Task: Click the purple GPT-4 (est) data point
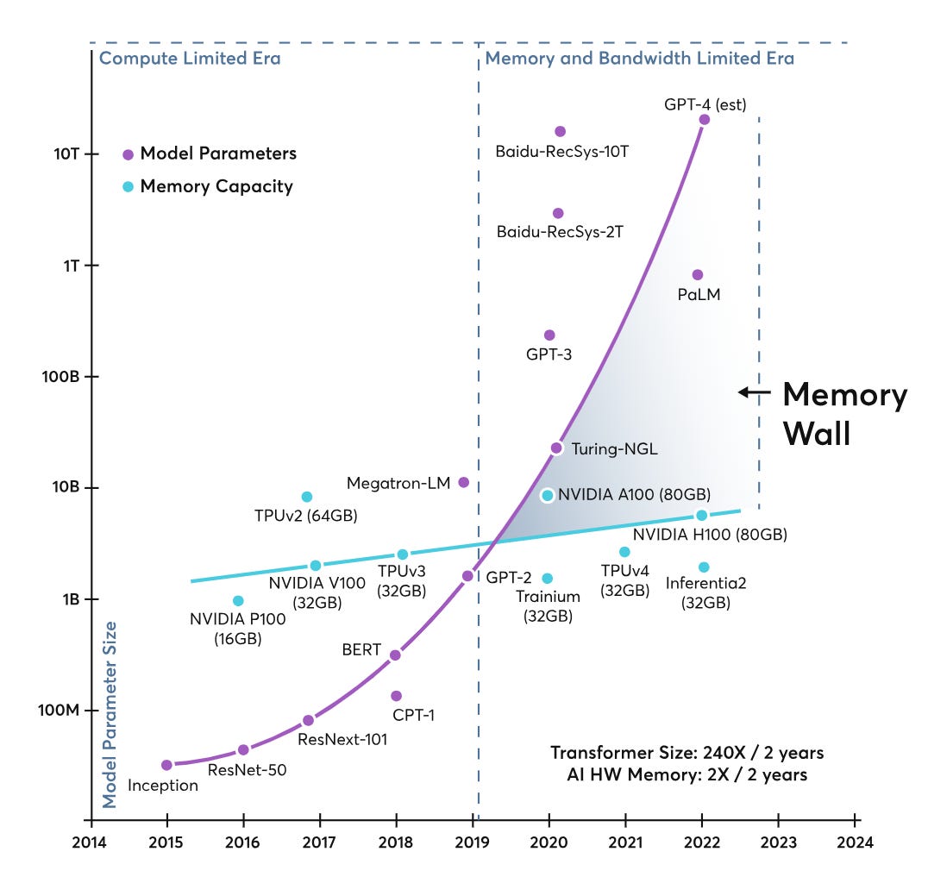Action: (x=705, y=120)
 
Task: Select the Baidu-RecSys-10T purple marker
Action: (x=560, y=131)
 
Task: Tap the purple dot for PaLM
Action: (x=698, y=274)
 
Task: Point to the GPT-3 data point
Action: (x=549, y=335)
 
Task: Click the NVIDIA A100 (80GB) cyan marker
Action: (x=548, y=495)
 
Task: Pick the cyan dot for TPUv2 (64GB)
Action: (x=306, y=497)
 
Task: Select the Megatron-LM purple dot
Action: (x=464, y=482)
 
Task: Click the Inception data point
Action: (x=167, y=765)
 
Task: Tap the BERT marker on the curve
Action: (x=395, y=655)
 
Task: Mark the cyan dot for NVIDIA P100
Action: (x=238, y=601)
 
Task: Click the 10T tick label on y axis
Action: (x=66, y=153)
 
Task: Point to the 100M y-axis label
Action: (x=59, y=710)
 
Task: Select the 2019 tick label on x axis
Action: (x=472, y=843)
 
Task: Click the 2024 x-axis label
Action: (x=855, y=843)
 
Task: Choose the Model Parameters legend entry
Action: (x=210, y=153)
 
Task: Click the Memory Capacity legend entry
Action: (x=208, y=186)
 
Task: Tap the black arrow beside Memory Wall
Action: (x=755, y=392)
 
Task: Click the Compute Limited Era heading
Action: (x=190, y=58)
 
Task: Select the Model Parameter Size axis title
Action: (x=110, y=715)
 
